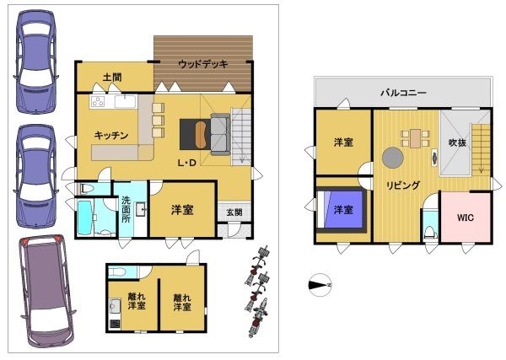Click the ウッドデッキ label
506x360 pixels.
203,64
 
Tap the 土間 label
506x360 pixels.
112,78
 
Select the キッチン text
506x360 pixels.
111,135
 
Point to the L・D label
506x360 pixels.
187,163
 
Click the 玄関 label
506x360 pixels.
234,212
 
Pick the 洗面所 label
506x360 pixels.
126,209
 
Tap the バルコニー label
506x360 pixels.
403,93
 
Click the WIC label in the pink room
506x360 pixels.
465,218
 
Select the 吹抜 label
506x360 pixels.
457,142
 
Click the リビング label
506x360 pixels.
403,185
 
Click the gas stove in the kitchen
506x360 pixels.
98,102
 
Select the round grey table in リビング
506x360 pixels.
393,158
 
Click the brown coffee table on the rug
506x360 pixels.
201,135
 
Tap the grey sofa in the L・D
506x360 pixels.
221,134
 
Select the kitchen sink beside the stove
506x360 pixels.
125,102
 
